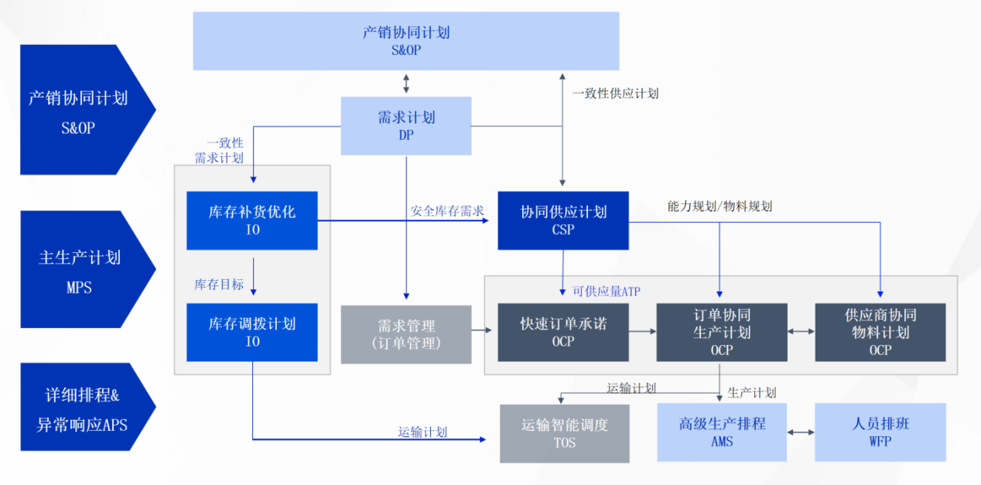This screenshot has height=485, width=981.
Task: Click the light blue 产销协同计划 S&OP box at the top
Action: tap(405, 41)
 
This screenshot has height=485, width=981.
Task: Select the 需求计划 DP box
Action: tap(406, 125)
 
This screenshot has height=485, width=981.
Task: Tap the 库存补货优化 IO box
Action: tap(251, 220)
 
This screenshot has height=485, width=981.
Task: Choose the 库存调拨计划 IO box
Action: tap(251, 333)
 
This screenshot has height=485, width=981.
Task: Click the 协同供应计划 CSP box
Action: tap(562, 220)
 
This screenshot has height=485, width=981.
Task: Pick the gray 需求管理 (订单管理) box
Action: tap(406, 334)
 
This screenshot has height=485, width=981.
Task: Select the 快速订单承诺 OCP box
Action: tap(562, 333)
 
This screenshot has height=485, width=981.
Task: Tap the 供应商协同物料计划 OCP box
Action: tap(880, 333)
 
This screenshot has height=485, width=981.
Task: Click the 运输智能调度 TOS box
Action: tap(565, 433)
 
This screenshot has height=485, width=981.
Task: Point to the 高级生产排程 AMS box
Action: tap(721, 432)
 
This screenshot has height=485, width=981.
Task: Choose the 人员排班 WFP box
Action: tap(880, 432)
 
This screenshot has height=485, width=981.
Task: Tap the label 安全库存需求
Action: tap(446, 210)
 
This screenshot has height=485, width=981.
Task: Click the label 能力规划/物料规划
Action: tap(719, 207)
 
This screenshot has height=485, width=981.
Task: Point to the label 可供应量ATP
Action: tap(606, 291)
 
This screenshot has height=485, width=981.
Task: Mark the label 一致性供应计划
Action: tap(614, 94)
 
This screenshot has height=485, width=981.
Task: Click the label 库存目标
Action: tap(218, 285)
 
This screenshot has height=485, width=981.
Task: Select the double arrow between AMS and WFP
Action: tap(801, 432)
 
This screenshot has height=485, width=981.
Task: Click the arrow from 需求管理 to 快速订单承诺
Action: tap(484, 331)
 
